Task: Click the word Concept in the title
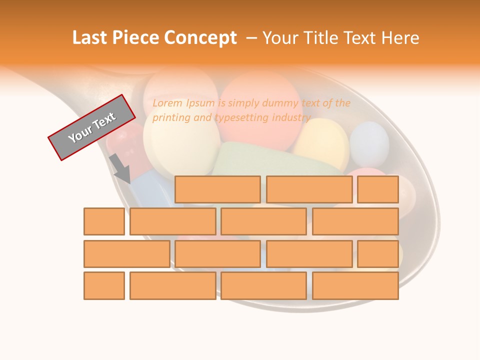[x=200, y=38]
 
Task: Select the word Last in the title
[x=90, y=38]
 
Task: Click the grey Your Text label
[x=91, y=127]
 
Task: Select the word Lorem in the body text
[x=168, y=103]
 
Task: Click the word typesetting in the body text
[x=242, y=118]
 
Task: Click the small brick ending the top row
[x=378, y=189]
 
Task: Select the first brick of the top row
[x=217, y=189]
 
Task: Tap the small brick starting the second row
[x=104, y=221]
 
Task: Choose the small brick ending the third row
[x=378, y=254]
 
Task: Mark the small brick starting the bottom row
[x=104, y=285]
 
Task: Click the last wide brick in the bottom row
[x=355, y=285]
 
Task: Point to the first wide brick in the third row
[x=126, y=254]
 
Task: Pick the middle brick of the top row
[x=309, y=189]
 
